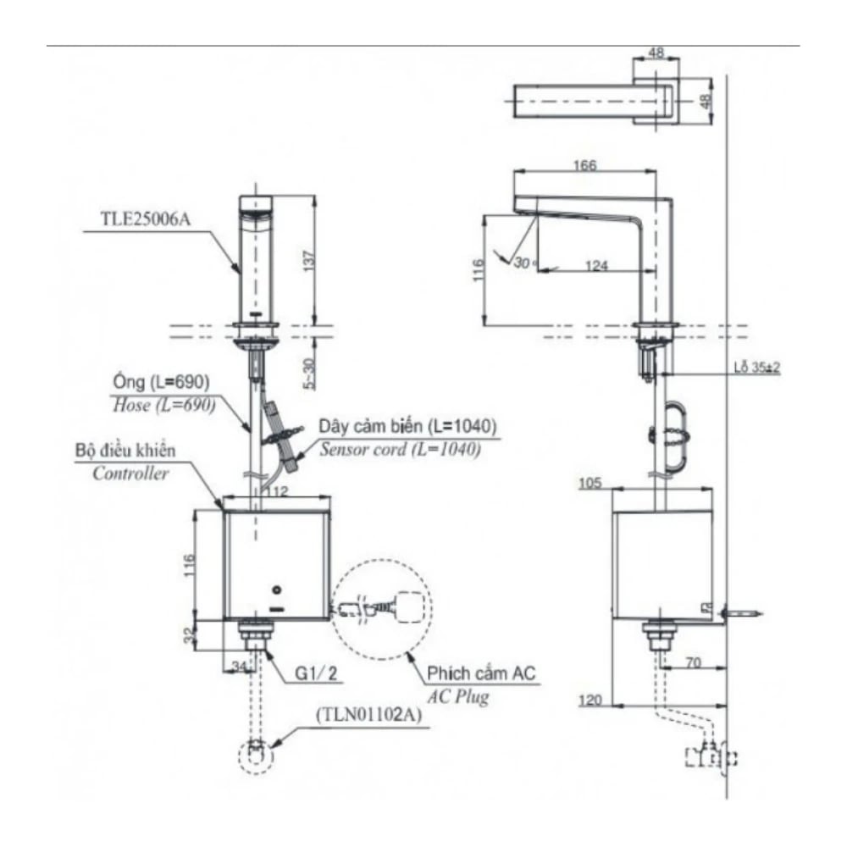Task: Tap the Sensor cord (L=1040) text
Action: point(400,449)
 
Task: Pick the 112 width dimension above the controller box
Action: point(276,491)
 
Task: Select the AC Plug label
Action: point(457,699)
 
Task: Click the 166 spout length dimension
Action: point(584,167)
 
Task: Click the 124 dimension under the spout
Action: point(596,266)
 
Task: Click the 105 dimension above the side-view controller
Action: point(591,483)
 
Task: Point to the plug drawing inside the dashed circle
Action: point(386,606)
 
